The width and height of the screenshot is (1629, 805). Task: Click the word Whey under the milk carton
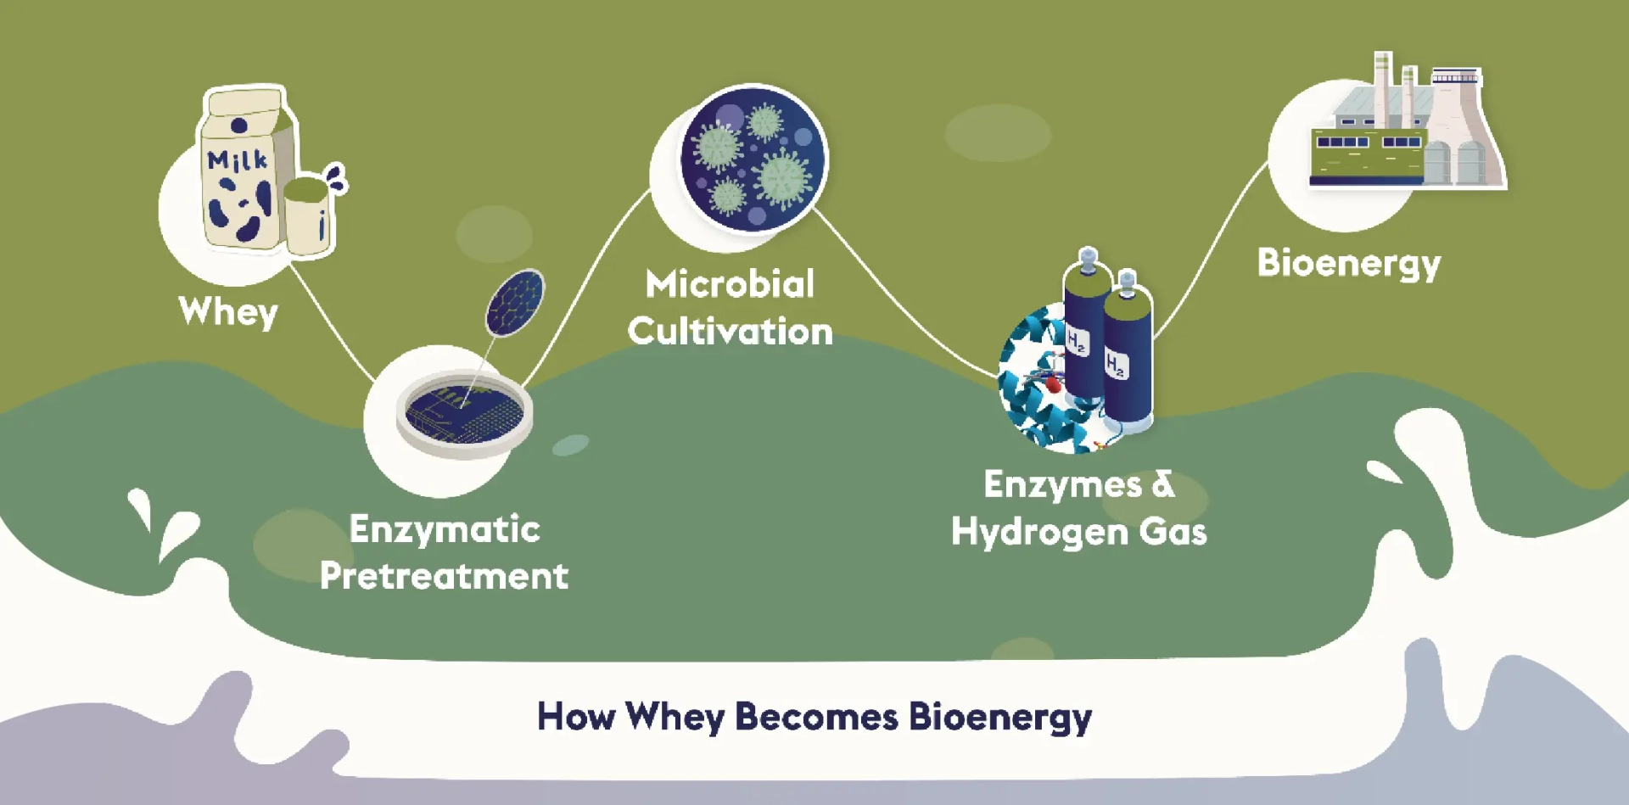click(x=228, y=312)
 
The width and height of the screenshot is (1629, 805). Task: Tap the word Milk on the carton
click(x=238, y=159)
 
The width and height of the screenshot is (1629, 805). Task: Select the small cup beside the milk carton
click(x=306, y=216)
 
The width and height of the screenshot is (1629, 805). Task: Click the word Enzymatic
click(x=445, y=530)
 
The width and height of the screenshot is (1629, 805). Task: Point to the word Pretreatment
click(x=444, y=576)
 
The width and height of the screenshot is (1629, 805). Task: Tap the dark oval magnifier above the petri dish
click(x=515, y=302)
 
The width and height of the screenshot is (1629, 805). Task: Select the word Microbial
click(x=730, y=284)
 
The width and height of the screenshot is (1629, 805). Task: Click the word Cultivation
click(x=730, y=331)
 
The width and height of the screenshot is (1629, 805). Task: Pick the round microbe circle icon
click(x=753, y=159)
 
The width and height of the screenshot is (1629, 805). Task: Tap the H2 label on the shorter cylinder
click(x=1117, y=366)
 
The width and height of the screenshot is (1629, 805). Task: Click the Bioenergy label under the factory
click(x=1349, y=263)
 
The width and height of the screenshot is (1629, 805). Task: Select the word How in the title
click(x=576, y=717)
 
